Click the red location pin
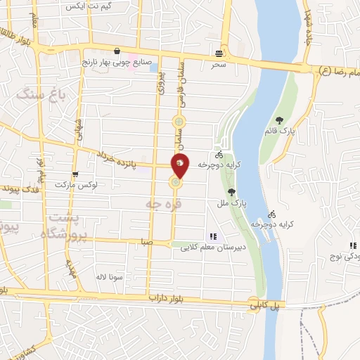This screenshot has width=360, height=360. (181, 165)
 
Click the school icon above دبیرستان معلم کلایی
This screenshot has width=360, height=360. (211, 236)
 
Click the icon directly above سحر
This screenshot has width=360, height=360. (221, 53)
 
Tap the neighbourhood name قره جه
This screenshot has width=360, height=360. (159, 203)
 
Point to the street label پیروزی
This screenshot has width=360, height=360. (159, 82)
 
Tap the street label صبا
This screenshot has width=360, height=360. (146, 240)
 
